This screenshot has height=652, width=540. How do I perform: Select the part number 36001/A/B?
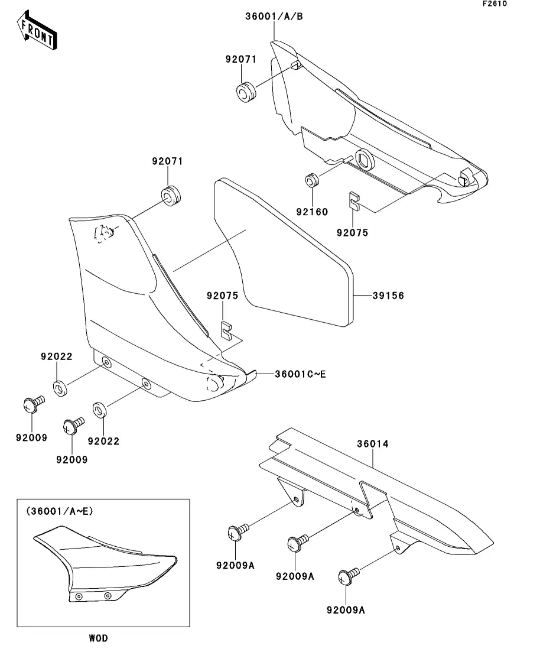pos(274,17)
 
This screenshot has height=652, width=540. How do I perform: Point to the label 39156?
pos(388,296)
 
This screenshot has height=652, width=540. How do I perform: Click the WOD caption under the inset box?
pos(98,638)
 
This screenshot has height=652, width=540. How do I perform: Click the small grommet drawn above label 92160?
pos(311,180)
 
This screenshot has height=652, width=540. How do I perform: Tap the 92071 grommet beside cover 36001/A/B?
pos(246,92)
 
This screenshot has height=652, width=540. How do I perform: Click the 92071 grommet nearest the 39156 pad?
pos(171,196)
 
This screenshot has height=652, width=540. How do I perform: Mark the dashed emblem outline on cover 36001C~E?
pos(105,233)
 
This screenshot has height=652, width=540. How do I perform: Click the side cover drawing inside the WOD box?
pos(103,567)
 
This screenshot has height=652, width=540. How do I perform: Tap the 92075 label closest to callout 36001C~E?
pos(222,296)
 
